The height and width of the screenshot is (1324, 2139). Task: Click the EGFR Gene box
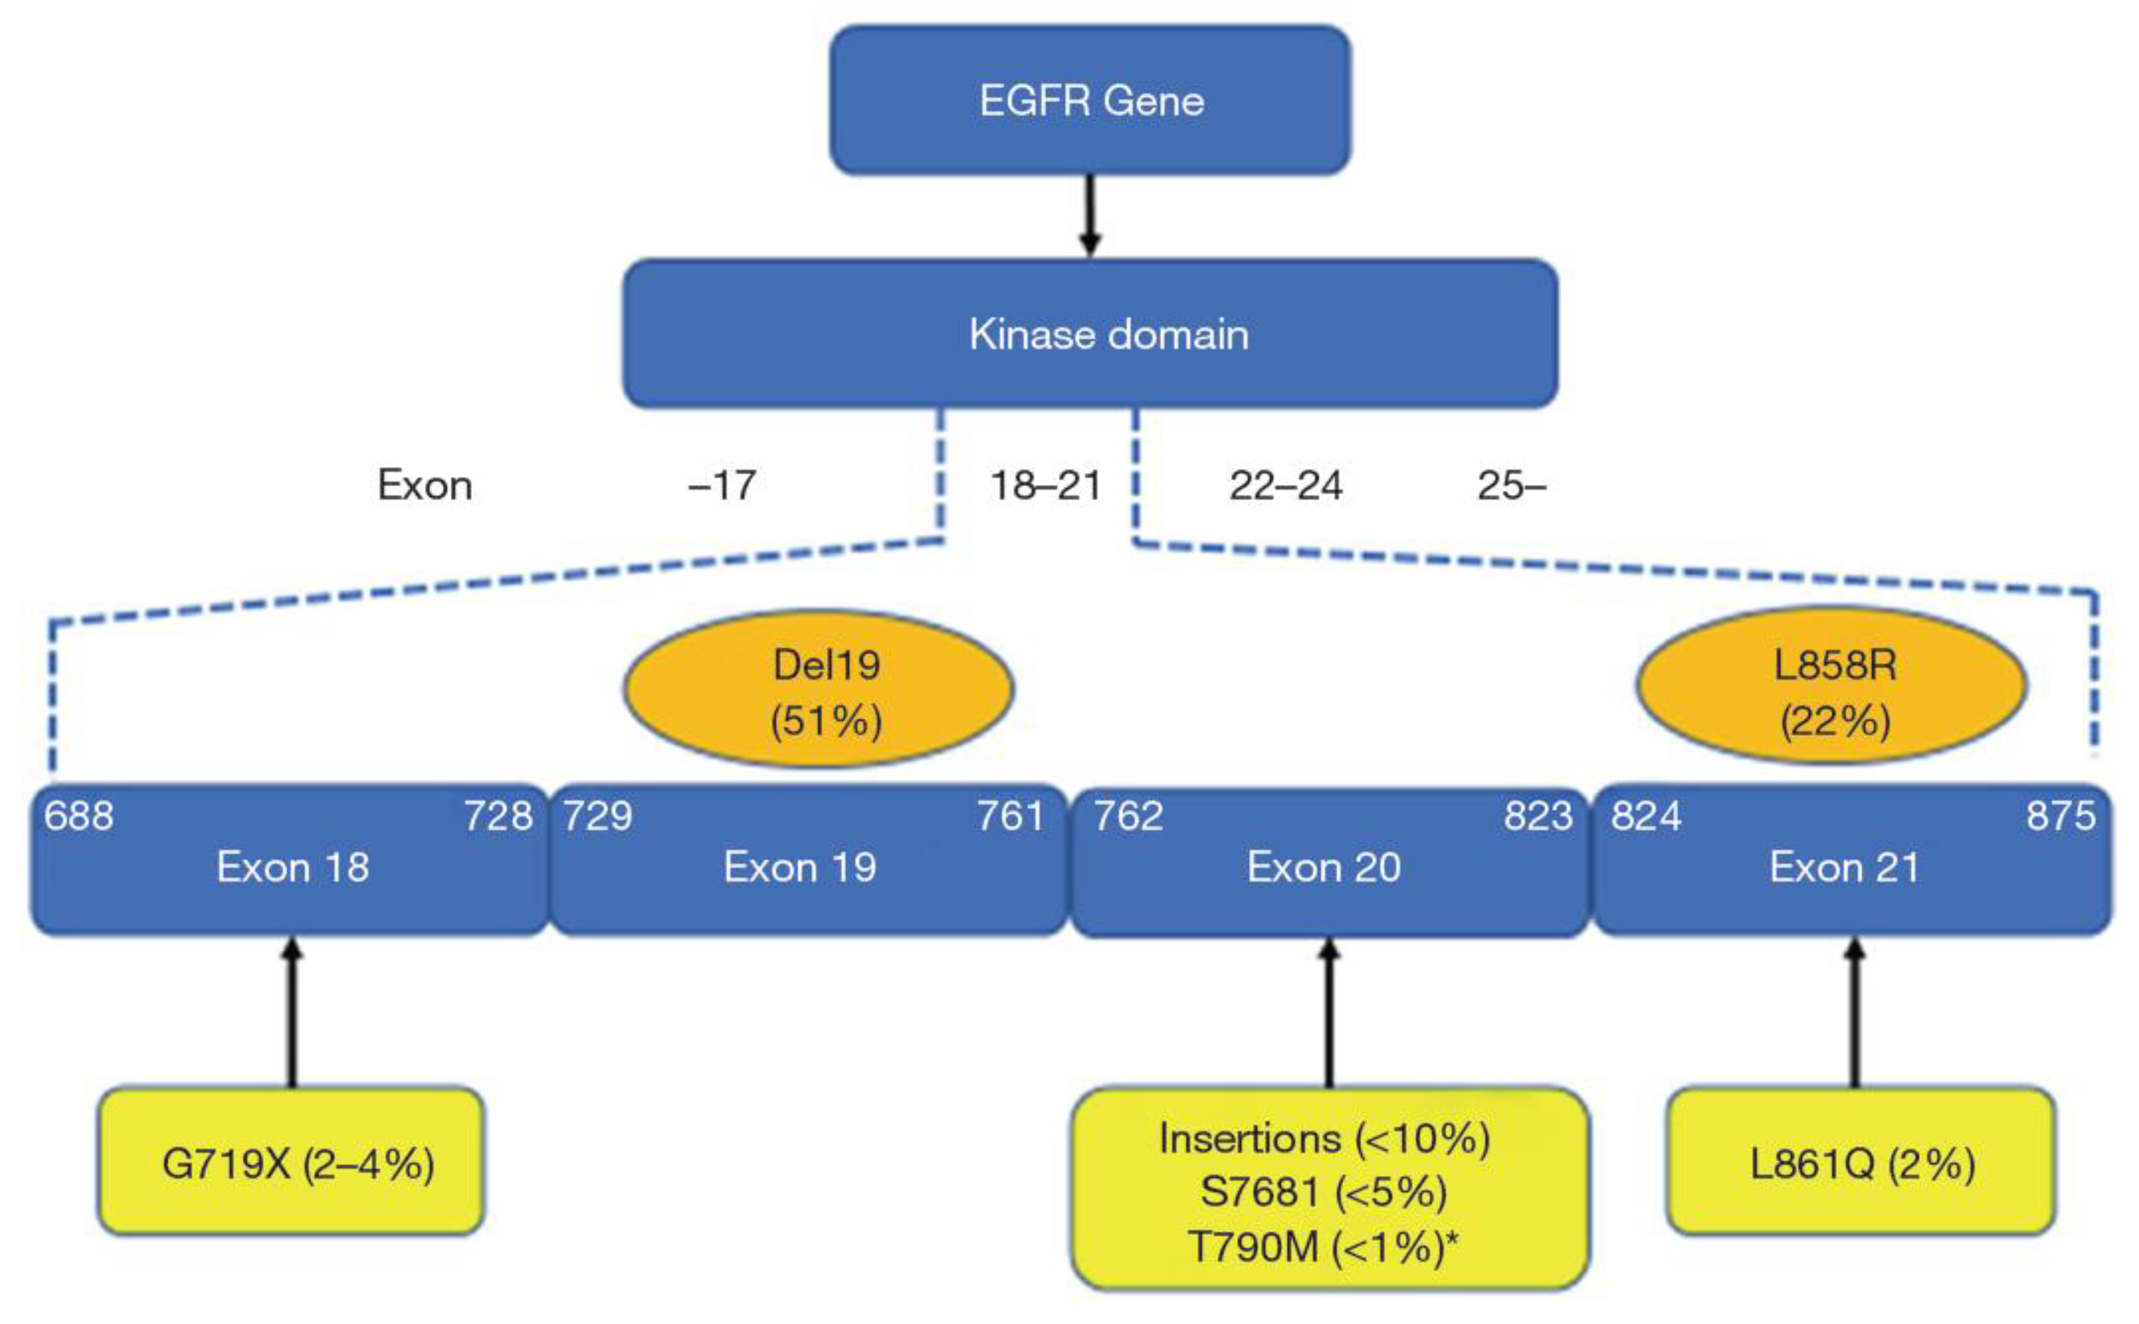[x=1090, y=100]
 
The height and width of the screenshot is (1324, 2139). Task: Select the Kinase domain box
[x=1090, y=334]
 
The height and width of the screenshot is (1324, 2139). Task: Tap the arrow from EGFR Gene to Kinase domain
[x=1089, y=215]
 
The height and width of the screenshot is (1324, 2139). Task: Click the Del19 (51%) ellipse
[x=819, y=690]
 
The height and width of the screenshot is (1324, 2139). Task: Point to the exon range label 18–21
[x=1046, y=486]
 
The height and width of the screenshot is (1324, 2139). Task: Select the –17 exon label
[x=722, y=486]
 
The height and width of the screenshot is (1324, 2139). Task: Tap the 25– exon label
[x=1511, y=486]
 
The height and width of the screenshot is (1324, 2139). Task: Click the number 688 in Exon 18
[x=79, y=816]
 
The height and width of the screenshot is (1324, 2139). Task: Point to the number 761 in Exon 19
[x=1010, y=816]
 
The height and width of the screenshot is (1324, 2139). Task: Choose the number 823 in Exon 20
[x=1538, y=816]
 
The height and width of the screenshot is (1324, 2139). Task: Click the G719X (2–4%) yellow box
[x=291, y=1162]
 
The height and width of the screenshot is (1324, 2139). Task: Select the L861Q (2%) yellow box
[x=1861, y=1162]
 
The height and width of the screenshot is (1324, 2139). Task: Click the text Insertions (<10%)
[x=1325, y=1138]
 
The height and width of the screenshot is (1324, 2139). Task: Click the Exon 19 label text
[x=800, y=868]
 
